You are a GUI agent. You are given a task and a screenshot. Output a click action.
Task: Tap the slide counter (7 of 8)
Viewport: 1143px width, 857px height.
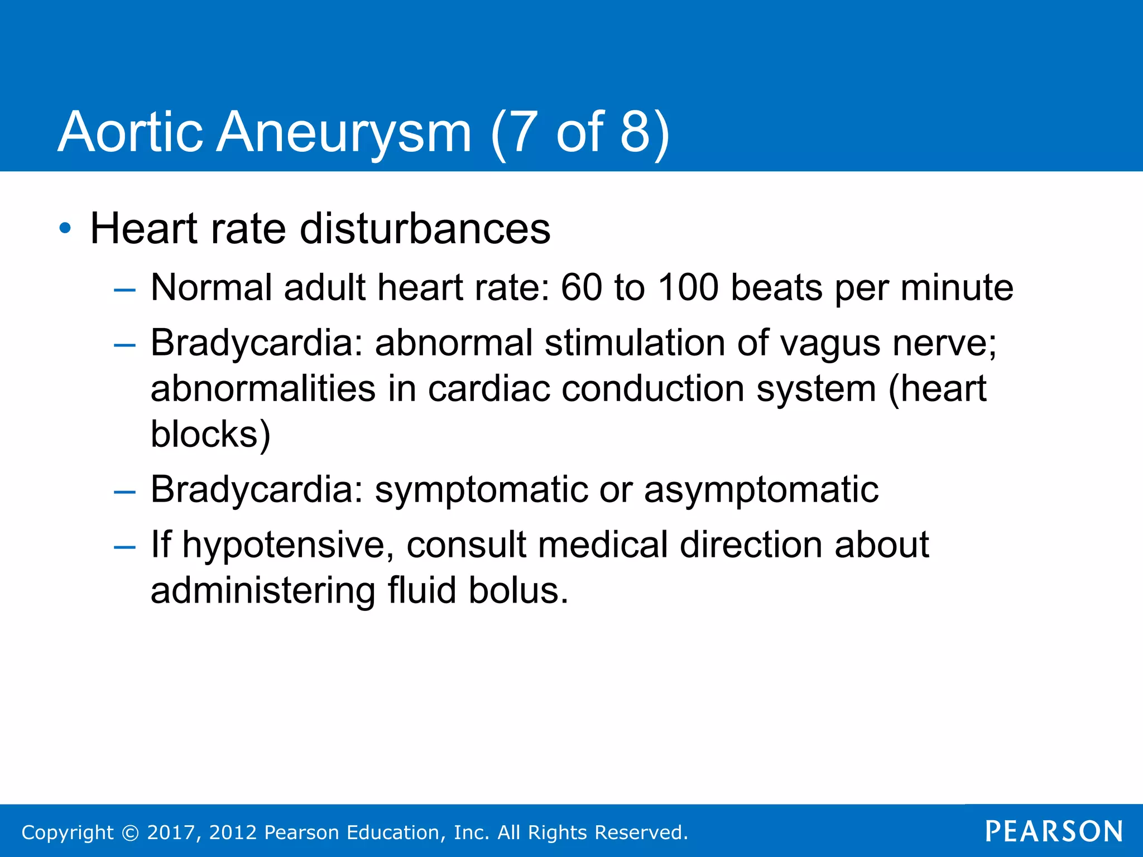pyautogui.click(x=580, y=133)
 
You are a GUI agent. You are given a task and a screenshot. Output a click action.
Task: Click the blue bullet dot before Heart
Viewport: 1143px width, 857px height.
pyautogui.click(x=65, y=228)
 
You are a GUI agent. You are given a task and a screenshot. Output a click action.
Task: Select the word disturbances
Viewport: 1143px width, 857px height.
pyautogui.click(x=425, y=229)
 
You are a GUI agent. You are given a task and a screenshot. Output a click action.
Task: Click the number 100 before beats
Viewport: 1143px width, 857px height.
pyautogui.click(x=688, y=288)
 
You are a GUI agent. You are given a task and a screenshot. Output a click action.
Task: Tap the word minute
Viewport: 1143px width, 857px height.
pyautogui.click(x=957, y=288)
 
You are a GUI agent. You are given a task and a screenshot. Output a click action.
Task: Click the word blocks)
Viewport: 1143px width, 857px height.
pyautogui.click(x=211, y=434)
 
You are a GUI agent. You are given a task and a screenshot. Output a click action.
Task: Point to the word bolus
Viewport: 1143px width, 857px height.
pyautogui.click(x=518, y=591)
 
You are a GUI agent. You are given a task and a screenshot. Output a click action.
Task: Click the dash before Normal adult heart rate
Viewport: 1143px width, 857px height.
pyautogui.click(x=124, y=290)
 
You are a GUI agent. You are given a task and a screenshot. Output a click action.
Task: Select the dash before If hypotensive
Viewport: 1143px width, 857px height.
pyautogui.click(x=124, y=547)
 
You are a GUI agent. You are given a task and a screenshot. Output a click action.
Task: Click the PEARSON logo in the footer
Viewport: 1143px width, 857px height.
pyautogui.click(x=1054, y=831)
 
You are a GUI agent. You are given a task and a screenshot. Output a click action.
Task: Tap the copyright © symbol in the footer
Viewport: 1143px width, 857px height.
pyautogui.click(x=130, y=832)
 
